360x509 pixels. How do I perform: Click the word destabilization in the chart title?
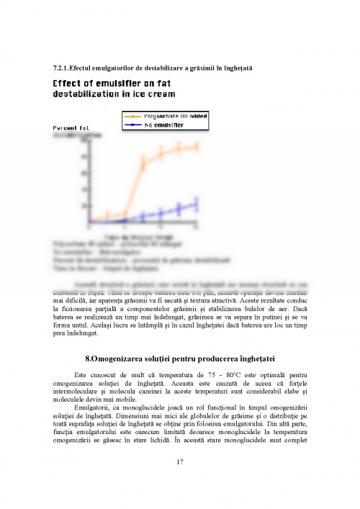[x=89, y=94]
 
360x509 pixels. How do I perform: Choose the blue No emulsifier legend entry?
[x=163, y=125]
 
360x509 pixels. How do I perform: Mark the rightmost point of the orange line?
[x=196, y=147]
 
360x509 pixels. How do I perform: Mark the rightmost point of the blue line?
[x=196, y=204]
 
